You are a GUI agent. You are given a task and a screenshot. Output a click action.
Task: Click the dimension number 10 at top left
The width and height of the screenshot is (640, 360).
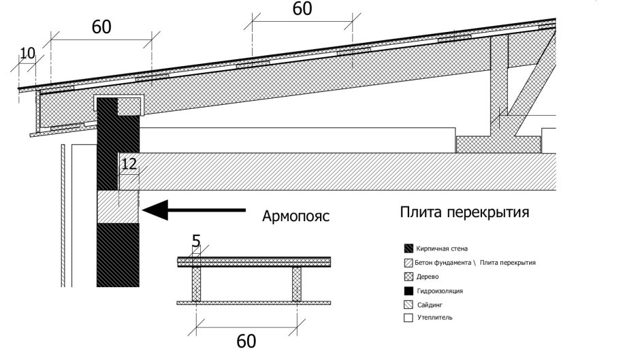[x=26, y=53]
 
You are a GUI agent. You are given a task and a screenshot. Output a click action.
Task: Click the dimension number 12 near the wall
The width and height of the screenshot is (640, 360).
[x=128, y=164]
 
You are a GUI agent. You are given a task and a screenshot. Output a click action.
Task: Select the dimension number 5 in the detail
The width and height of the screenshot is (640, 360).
[x=197, y=241]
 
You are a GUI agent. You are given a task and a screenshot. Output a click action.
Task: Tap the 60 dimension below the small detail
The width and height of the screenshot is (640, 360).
[x=246, y=340]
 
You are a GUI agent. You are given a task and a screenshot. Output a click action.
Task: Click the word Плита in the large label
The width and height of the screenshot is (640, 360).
[x=420, y=212]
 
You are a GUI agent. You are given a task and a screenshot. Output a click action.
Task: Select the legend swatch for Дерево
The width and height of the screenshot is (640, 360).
[x=409, y=276]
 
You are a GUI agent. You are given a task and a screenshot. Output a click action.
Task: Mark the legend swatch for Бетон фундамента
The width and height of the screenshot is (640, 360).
[x=409, y=263]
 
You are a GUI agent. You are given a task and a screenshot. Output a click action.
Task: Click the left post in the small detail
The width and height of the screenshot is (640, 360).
[x=197, y=283]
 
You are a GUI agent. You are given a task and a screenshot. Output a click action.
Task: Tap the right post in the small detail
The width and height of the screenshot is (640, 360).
[x=297, y=283]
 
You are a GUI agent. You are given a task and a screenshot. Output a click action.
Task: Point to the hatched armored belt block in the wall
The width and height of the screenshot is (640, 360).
[x=118, y=207]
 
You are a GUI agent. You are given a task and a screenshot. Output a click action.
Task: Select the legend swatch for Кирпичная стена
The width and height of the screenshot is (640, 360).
[x=409, y=248]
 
